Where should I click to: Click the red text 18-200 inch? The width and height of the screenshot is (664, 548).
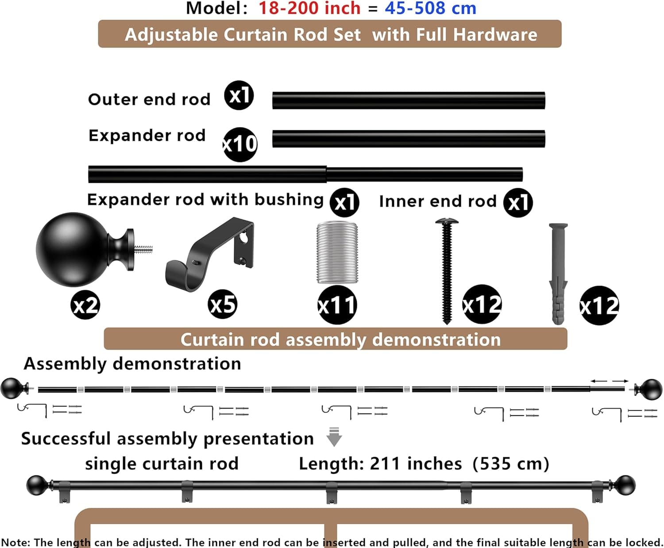(309, 8)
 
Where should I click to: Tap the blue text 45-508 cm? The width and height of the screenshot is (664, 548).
(431, 8)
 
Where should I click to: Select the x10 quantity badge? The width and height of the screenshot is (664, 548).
(240, 144)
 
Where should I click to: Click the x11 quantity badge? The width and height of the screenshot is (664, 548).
(337, 305)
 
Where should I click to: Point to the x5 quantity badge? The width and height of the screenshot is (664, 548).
(223, 305)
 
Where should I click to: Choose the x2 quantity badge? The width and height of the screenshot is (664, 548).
(85, 305)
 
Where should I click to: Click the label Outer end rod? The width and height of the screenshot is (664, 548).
(149, 100)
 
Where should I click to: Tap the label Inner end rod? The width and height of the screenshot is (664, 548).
(438, 201)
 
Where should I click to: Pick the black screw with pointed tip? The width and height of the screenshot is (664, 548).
(447, 271)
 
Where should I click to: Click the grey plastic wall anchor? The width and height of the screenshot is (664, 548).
(558, 274)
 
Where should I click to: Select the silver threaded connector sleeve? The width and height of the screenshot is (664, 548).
(337, 252)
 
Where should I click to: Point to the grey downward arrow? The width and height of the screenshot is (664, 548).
(334, 437)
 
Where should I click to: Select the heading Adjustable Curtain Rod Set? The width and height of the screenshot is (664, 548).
(243, 35)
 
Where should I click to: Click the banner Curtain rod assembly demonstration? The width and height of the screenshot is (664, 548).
(336, 339)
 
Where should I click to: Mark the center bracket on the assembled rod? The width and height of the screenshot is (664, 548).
(332, 492)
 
